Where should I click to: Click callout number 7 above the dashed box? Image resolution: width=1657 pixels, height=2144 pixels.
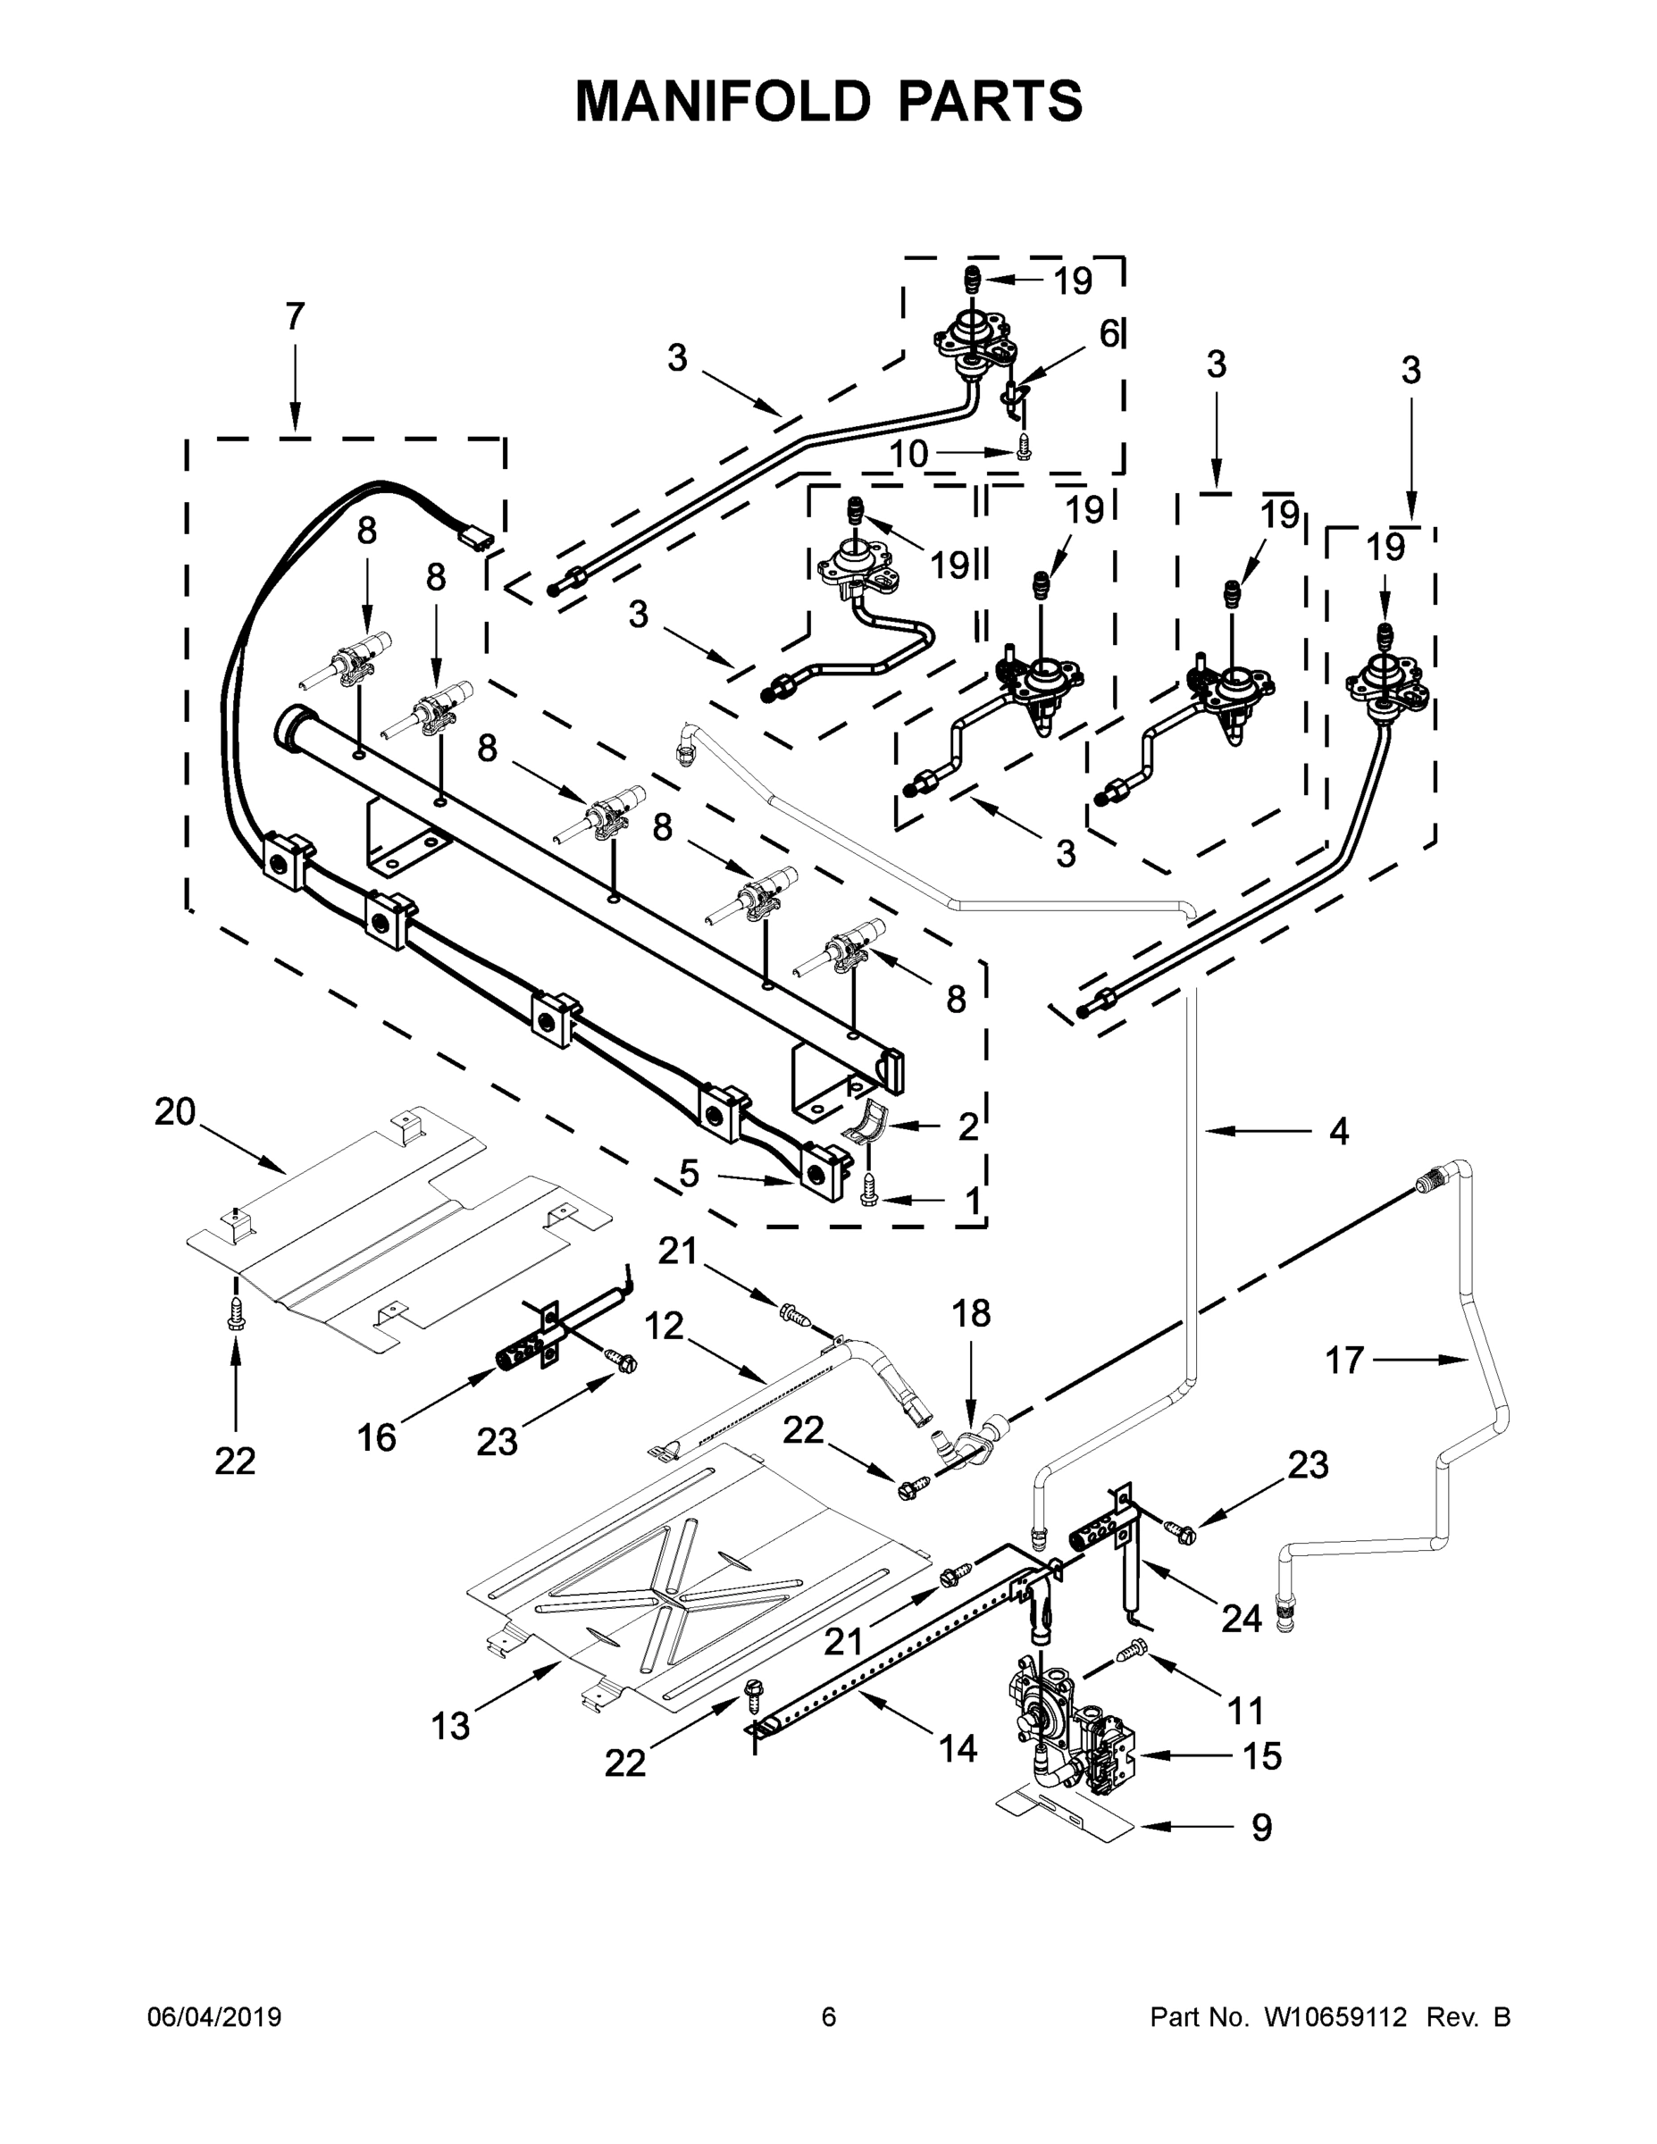295,317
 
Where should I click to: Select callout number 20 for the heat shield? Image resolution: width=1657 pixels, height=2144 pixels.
175,1112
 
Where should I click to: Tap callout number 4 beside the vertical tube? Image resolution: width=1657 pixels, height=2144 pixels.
1338,1131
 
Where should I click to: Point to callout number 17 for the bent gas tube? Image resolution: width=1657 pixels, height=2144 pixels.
1343,1360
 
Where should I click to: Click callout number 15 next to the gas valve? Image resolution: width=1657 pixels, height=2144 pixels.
1261,1755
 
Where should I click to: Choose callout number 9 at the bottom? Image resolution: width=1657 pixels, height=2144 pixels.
1261,1827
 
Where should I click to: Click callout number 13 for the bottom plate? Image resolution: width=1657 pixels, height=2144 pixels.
450,1726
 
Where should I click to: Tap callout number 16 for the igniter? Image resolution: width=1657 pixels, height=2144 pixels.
376,1437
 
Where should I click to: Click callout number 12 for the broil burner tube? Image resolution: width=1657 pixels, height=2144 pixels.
664,1327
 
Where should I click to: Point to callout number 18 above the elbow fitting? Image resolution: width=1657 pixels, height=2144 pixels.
972,1313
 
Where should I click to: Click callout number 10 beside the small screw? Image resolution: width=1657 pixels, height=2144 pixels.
909,454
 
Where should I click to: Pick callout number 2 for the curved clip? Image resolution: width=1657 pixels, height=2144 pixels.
968,1127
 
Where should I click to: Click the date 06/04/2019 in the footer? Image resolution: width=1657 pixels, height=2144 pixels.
214,2016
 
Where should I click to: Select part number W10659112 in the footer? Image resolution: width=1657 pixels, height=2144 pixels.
1335,2016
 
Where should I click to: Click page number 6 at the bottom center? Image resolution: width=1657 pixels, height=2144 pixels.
829,2016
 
